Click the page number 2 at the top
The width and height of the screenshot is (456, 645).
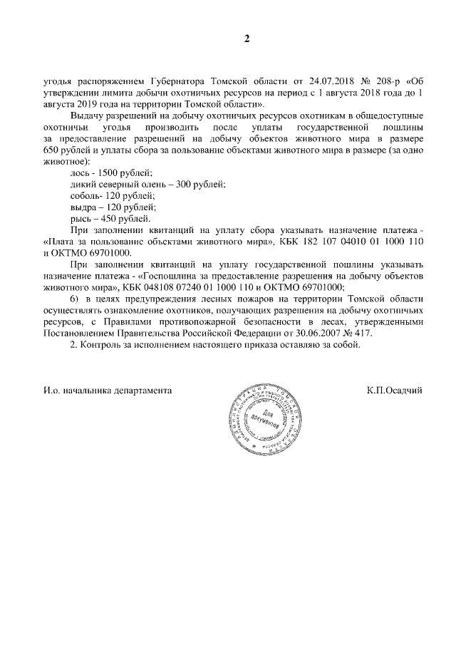[x=247, y=38]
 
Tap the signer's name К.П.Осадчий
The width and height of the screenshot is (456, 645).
[x=395, y=391]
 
